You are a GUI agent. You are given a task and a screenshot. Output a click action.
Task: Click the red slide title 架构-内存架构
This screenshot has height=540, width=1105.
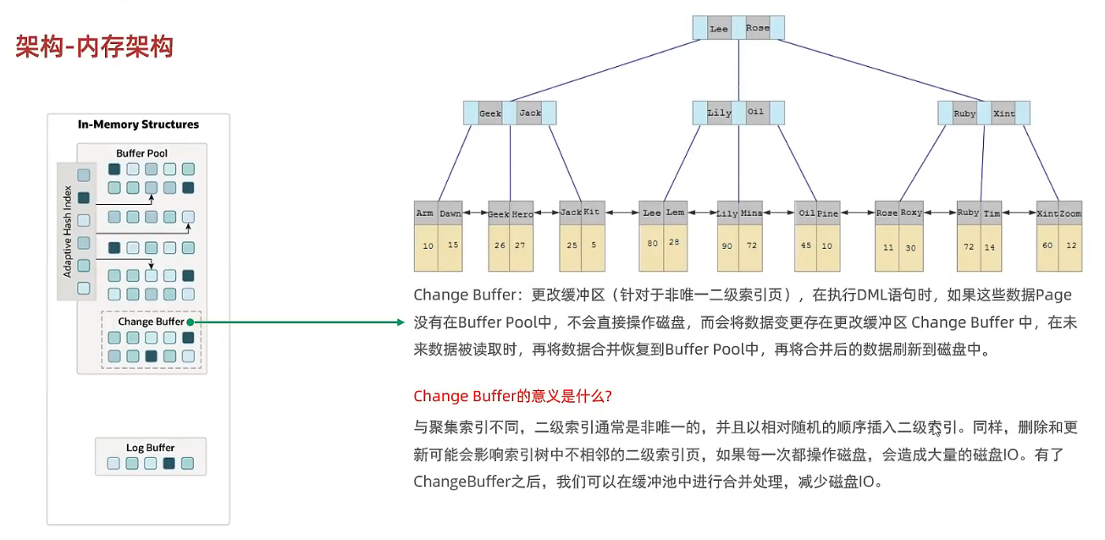click(94, 47)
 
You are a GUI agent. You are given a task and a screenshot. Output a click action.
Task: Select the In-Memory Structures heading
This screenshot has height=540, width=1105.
click(138, 124)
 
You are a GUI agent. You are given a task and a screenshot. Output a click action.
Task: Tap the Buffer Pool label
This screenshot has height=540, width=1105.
click(141, 153)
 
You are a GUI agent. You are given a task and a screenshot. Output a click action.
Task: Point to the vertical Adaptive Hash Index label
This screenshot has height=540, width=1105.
click(67, 231)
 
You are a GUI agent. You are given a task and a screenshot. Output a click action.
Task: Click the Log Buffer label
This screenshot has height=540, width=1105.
click(150, 448)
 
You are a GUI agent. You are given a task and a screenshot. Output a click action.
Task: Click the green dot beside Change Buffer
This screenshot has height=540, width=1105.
click(191, 322)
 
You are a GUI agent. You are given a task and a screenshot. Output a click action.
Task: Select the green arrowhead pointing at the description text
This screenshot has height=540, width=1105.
click(401, 322)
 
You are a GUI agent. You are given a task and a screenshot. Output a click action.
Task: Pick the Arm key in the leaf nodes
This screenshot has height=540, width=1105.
click(425, 213)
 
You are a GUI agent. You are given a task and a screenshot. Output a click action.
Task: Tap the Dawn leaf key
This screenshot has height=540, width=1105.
click(450, 213)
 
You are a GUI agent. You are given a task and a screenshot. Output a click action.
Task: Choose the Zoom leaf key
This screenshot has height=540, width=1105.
click(1070, 213)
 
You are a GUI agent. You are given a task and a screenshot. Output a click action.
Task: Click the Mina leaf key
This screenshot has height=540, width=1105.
click(751, 213)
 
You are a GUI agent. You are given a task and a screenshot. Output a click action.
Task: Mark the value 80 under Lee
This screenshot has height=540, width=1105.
click(652, 243)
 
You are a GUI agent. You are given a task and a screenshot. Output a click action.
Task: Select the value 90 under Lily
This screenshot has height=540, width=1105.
click(727, 245)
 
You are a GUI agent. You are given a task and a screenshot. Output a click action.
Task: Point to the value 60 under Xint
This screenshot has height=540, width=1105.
click(1047, 245)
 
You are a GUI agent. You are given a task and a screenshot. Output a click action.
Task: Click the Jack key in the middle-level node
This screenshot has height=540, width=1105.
click(530, 113)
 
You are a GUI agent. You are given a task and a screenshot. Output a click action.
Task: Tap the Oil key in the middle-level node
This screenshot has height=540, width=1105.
click(755, 112)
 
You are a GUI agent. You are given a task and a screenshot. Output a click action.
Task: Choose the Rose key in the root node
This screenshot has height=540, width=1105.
click(757, 28)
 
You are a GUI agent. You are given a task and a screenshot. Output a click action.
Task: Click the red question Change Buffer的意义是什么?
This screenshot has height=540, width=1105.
click(512, 396)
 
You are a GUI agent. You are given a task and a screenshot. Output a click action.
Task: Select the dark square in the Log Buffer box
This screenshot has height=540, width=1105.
click(169, 463)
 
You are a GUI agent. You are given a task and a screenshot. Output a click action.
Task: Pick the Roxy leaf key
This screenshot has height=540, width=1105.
click(911, 212)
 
